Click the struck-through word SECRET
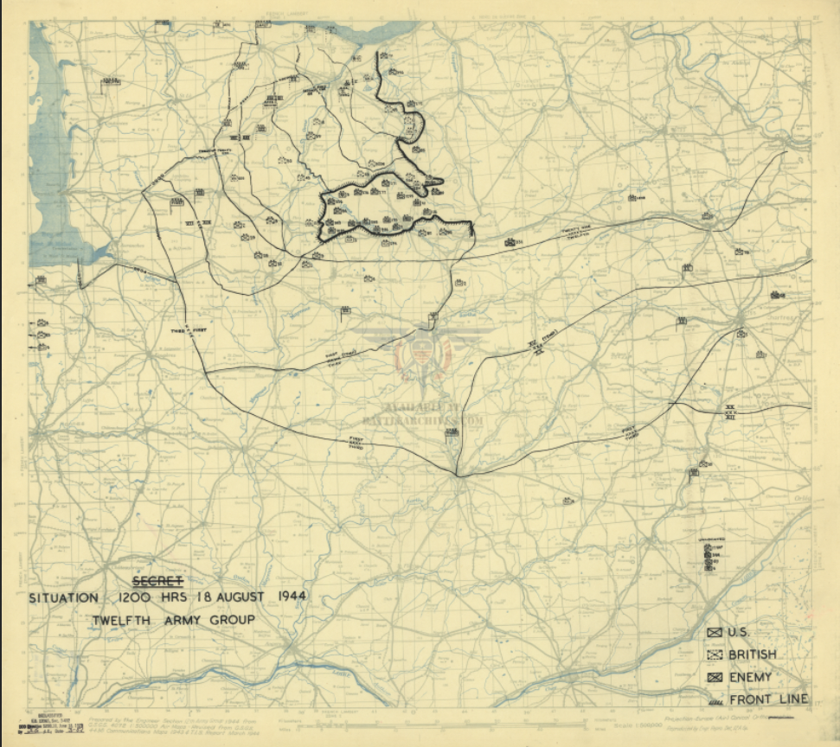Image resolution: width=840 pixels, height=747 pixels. tap(157, 580)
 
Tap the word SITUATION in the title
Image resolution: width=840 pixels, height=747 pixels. tap(64, 597)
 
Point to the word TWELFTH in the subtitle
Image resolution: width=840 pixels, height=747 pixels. tap(124, 620)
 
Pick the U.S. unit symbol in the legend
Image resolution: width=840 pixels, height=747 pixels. tap(715, 633)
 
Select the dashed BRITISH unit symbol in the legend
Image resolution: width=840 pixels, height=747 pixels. tap(715, 655)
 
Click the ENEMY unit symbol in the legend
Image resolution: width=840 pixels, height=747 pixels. tap(715, 678)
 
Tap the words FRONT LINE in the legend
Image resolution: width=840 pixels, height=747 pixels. tap(769, 699)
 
